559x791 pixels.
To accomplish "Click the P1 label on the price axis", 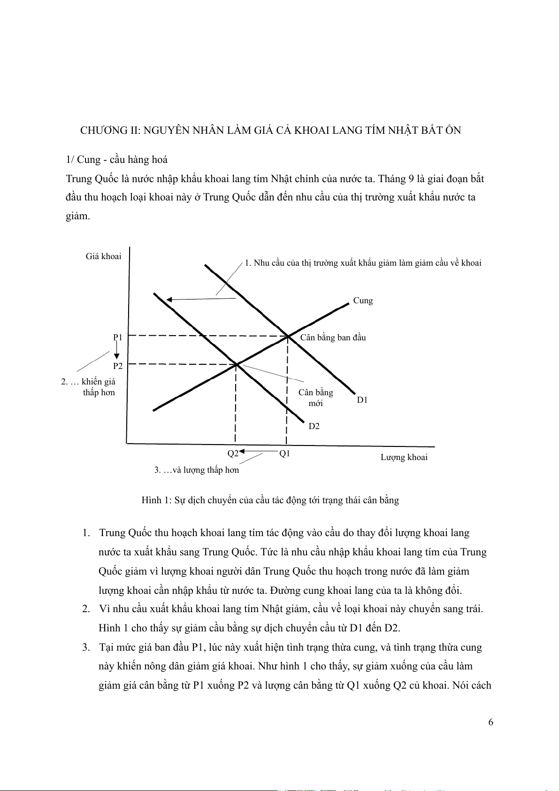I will (118, 338).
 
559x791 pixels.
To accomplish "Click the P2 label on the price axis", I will (118, 366).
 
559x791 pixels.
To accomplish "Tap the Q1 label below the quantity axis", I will (284, 453).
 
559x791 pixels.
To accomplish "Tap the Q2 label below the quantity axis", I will (233, 453).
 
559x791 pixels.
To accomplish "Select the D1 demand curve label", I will (362, 400).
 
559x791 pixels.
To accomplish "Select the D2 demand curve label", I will (314, 426).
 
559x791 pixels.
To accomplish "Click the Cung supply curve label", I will (363, 300).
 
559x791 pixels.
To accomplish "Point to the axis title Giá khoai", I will (103, 256).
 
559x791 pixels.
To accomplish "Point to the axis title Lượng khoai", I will (404, 457).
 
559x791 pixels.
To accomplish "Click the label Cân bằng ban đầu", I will (333, 338).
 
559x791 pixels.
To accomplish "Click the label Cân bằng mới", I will (315, 398).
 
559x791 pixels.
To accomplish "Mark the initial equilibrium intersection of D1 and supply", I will (287, 336).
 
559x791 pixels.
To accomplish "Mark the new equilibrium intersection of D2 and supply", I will (236, 364).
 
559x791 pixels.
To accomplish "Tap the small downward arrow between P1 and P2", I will (116, 352).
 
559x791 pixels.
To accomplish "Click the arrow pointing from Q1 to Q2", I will (259, 452).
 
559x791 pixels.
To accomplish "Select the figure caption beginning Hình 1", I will (270, 500).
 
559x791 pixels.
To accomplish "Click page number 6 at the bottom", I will (490, 722).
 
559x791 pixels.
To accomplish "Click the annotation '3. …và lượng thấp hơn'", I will (197, 470).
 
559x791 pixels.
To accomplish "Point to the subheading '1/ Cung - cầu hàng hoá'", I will (117, 160).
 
